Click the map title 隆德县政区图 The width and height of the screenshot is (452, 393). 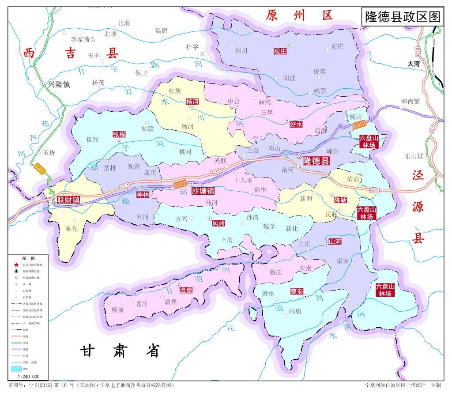tap(402, 17)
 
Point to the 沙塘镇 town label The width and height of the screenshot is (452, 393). tap(203, 191)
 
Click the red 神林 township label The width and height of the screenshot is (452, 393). tap(143, 194)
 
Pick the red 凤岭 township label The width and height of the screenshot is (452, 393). tap(218, 223)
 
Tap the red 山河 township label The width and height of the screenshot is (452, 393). tap(335, 242)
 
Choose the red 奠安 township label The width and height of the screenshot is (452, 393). tap(297, 291)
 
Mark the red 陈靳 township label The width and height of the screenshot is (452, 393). tap(340, 200)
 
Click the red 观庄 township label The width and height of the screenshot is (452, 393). tap(280, 51)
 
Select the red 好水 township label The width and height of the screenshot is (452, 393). tap(296, 125)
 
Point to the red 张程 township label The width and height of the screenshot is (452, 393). tap(119, 134)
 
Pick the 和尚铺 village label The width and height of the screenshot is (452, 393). tap(411, 101)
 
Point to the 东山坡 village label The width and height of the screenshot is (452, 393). tap(414, 156)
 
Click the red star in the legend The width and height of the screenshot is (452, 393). tap(16, 264)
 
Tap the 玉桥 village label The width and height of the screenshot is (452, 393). tap(49, 153)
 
